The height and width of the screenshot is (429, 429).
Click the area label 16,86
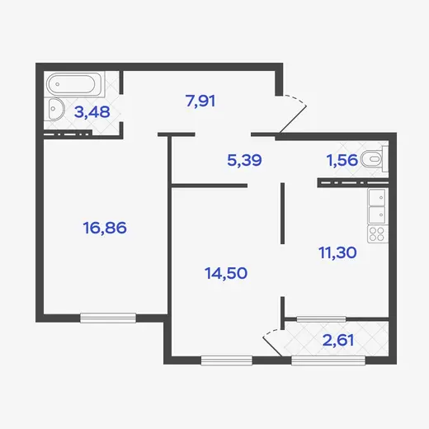105,228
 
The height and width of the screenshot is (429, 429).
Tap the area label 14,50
226,273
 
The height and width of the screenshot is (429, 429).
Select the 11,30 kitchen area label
337,252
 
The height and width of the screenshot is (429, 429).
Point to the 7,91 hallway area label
200,101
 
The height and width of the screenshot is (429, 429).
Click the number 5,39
244,160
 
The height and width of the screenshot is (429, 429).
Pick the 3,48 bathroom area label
92,112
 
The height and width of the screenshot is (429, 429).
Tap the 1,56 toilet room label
342,160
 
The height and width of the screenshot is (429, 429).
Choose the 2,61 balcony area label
338,340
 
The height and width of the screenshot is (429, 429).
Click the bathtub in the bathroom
74,84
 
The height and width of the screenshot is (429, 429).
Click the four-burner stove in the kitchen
378,234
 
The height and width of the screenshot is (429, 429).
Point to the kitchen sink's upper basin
377,197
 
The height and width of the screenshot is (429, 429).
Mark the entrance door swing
293,115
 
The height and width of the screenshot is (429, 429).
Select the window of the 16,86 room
108,318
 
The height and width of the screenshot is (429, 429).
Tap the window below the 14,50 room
227,361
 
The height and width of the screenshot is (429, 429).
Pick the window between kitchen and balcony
321,319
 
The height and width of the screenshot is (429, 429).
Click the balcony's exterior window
328,361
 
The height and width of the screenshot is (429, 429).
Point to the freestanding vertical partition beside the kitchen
282,213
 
